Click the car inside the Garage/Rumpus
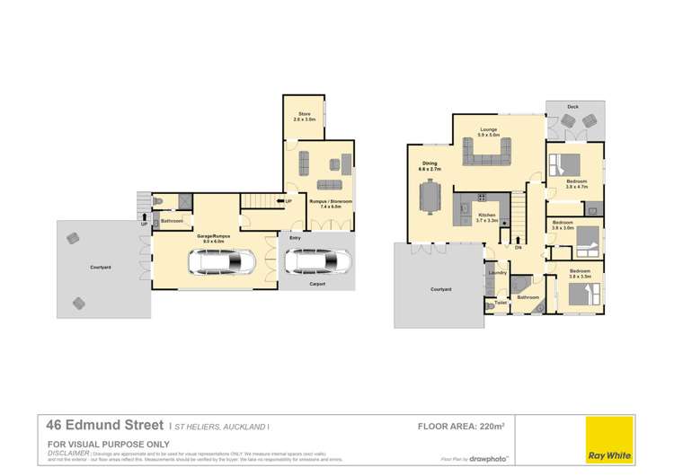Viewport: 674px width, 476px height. pos(221,261)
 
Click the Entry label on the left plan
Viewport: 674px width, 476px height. pos(293,238)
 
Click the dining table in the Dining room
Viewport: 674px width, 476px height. pos(433,194)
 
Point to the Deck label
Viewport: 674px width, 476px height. pos(572,107)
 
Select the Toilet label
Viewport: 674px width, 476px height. pos(501,303)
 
